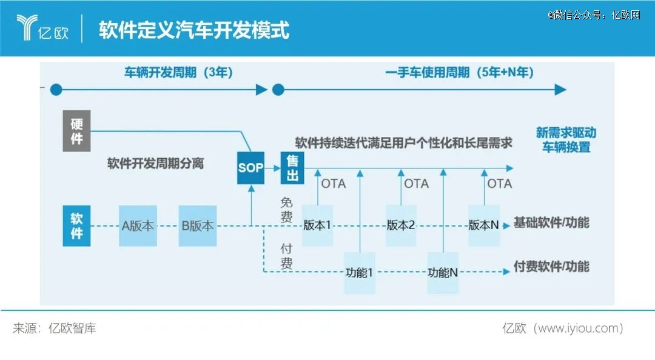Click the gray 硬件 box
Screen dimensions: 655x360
76,131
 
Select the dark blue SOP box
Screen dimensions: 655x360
250,168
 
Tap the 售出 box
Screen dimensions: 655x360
292,168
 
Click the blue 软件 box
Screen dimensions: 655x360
76,225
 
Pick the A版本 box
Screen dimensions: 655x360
138,225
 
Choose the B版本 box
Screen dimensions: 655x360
198,225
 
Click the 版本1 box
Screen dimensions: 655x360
317,225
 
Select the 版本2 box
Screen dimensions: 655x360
401,225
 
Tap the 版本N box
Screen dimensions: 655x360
484,225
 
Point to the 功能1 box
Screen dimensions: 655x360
360,273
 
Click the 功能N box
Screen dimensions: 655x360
443,273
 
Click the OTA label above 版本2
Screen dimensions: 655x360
417,184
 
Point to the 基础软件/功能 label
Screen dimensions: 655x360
551,222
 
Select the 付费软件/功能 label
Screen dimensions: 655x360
551,267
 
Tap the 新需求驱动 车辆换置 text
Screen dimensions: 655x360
566,140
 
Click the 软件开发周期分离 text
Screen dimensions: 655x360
155,163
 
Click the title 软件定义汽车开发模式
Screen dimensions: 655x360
194,30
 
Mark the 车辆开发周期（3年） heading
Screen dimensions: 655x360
178,72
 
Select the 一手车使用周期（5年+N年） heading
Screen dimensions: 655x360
460,72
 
